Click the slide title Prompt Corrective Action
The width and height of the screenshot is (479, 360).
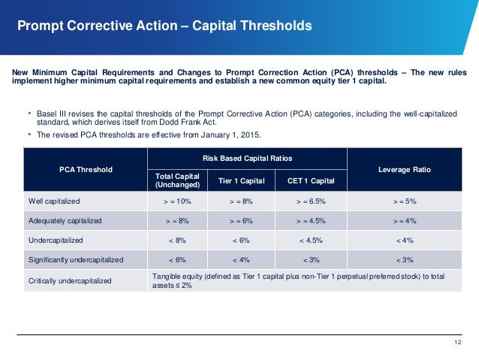pos(164,26)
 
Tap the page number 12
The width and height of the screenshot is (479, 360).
pos(458,343)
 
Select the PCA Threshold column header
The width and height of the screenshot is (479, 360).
pos(85,169)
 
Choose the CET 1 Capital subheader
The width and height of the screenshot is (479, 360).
pos(310,180)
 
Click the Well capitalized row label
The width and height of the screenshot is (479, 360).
pos(55,201)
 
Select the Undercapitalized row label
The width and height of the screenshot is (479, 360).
pos(56,241)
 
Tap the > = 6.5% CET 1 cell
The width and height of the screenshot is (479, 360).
pos(310,201)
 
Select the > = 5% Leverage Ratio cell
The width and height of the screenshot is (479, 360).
pos(405,201)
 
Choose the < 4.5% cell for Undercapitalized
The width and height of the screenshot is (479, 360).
pos(310,241)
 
